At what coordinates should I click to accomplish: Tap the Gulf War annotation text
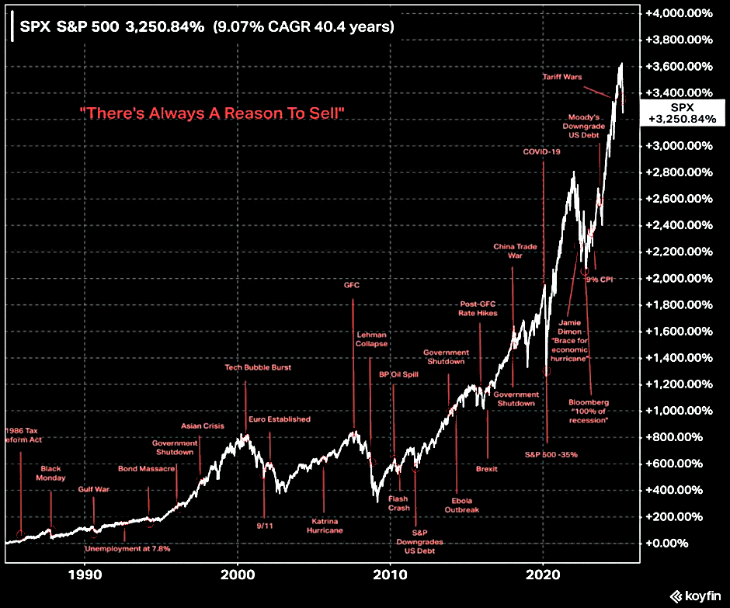pos(93,489)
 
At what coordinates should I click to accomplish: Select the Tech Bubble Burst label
pos(258,367)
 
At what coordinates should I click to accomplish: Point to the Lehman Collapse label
pos(372,339)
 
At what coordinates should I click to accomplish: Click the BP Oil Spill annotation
pos(394,375)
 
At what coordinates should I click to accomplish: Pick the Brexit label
pos(487,469)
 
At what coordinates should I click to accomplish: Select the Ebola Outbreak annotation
pos(461,505)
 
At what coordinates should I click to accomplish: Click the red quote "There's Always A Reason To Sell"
pos(212,113)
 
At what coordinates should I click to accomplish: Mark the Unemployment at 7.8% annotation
pos(127,548)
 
